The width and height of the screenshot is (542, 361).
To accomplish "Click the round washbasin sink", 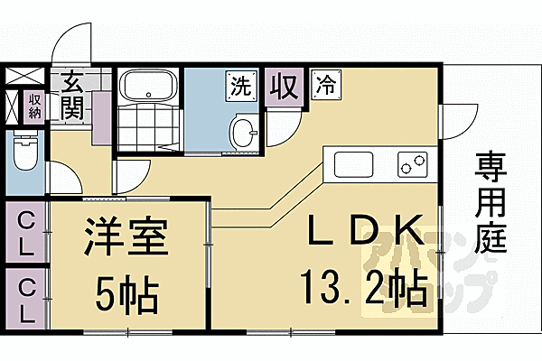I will (x=243, y=132).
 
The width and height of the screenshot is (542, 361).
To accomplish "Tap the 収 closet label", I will (x=285, y=88).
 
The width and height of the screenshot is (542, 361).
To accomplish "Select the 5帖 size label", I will (x=126, y=292).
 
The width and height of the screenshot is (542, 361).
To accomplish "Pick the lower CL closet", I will (x=26, y=298).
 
